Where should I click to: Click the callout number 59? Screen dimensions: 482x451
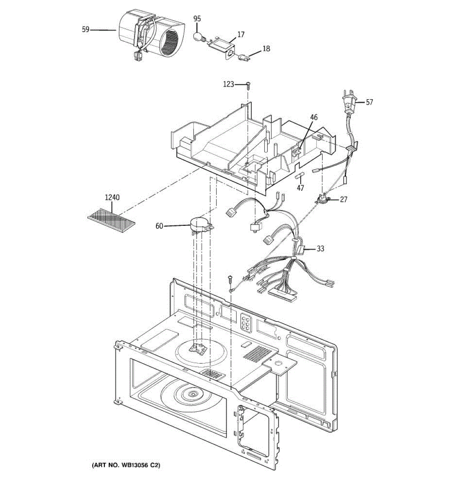tap(85, 29)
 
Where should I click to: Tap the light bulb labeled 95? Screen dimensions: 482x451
tap(198, 37)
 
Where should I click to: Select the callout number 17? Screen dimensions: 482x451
tap(241, 35)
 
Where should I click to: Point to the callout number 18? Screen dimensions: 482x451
tap(266, 49)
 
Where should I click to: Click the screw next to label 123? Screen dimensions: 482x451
tap(248, 84)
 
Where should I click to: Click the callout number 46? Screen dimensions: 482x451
tap(314, 117)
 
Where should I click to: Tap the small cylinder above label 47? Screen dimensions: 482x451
tap(300, 176)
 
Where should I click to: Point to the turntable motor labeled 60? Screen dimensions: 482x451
tap(200, 225)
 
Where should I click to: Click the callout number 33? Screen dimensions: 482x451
tap(320, 249)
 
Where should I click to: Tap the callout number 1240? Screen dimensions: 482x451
tap(112, 198)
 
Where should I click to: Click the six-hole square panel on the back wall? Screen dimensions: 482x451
tap(245, 322)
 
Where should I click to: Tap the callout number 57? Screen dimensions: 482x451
tap(369, 102)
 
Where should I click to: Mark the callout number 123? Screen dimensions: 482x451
tap(229, 84)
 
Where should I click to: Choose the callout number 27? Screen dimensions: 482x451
tap(344, 199)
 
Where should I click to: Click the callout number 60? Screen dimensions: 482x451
tap(159, 226)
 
